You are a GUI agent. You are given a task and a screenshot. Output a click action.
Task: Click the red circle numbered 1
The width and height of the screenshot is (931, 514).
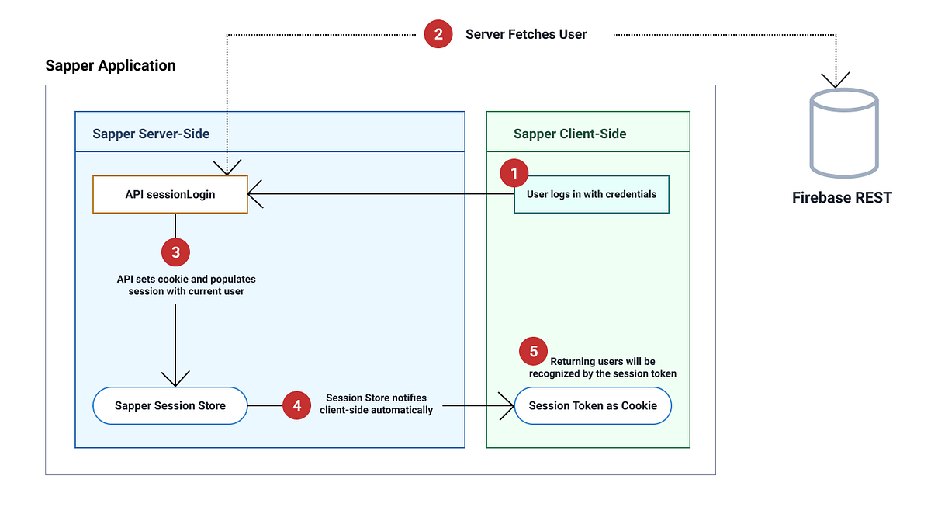pos(514,173)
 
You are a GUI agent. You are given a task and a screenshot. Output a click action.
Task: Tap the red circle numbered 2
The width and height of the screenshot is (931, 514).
pos(438,34)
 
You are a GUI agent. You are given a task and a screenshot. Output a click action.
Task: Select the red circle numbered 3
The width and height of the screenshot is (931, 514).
pos(175,252)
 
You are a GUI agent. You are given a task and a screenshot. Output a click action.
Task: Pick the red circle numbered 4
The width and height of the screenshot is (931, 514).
pos(296,405)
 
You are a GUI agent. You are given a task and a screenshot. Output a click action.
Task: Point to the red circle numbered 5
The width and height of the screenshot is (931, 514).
pos(533,352)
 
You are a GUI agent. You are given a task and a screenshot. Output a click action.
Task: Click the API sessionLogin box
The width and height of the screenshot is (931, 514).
pos(170,194)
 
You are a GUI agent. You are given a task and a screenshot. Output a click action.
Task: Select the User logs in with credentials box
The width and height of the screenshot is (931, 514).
pos(591,194)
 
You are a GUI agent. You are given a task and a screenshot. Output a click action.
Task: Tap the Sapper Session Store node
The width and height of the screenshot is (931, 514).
pos(170,405)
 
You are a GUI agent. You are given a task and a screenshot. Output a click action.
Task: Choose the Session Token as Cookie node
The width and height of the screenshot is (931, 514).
pos(593,405)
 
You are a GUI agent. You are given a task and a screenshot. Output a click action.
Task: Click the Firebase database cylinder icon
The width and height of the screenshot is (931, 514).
pos(843,132)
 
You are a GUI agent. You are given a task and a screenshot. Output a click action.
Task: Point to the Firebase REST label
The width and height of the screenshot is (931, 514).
pos(842,197)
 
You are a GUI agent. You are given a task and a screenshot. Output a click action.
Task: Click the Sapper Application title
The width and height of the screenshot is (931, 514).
pos(110,65)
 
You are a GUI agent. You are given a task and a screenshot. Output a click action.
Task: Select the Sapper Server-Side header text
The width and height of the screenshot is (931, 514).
pos(151,134)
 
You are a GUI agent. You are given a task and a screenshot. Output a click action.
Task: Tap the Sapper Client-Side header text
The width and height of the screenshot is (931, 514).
pos(569,134)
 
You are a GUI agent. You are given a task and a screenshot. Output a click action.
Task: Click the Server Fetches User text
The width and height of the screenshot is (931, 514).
pos(526,34)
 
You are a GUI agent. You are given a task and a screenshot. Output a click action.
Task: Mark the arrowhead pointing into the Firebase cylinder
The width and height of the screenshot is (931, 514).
pos(836,80)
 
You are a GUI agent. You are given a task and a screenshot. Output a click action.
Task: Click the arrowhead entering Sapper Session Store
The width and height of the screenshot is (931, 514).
pos(175,380)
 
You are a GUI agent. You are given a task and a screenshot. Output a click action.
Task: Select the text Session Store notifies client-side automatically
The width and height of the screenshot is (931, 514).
pos(376,404)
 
